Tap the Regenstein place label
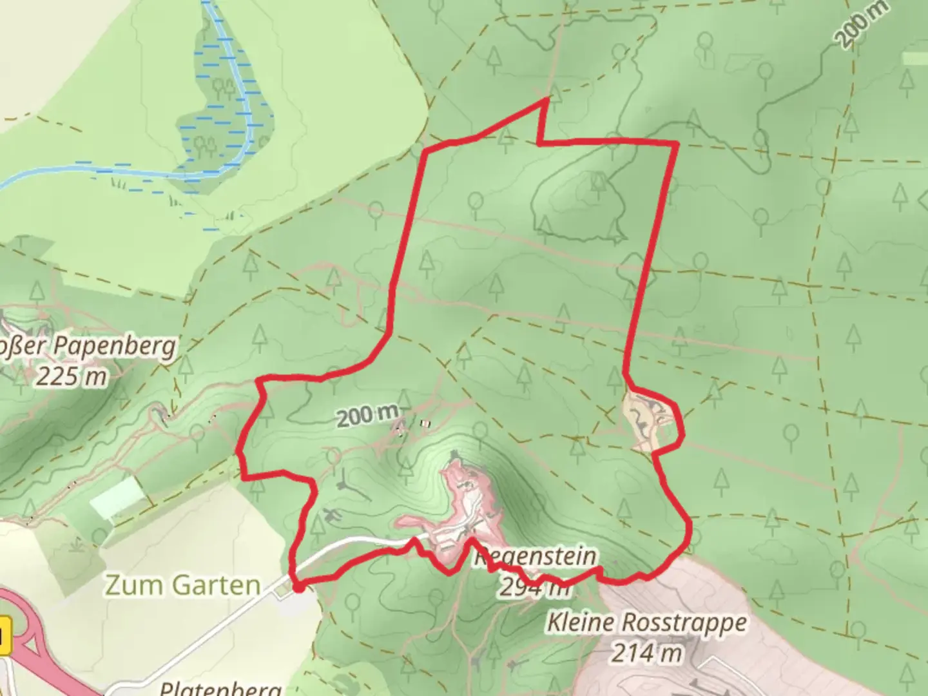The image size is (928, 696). click(x=535, y=556)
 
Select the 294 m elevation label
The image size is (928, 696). click(x=534, y=587)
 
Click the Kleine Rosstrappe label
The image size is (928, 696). click(x=647, y=623)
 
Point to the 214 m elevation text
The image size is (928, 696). click(x=646, y=653)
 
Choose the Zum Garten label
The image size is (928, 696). click(x=182, y=585)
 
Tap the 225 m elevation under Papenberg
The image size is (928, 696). click(x=71, y=376)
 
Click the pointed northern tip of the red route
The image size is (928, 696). click(x=547, y=99)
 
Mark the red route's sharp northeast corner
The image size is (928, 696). click(x=675, y=142)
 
